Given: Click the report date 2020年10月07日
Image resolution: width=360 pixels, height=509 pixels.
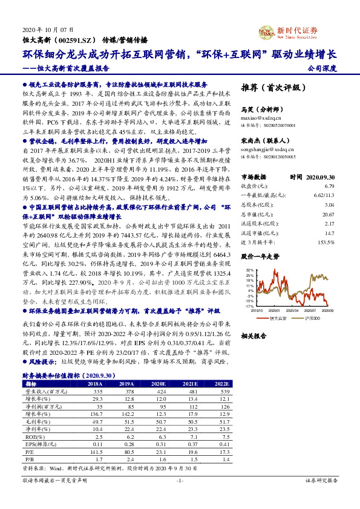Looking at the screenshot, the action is tap(43, 29).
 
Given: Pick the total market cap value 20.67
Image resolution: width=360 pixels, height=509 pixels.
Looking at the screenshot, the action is tap(329, 215).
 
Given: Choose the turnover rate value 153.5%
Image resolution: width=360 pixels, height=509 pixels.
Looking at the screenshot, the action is tap(326, 243).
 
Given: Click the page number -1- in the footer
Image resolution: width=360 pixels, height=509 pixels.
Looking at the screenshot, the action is tap(180, 498).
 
